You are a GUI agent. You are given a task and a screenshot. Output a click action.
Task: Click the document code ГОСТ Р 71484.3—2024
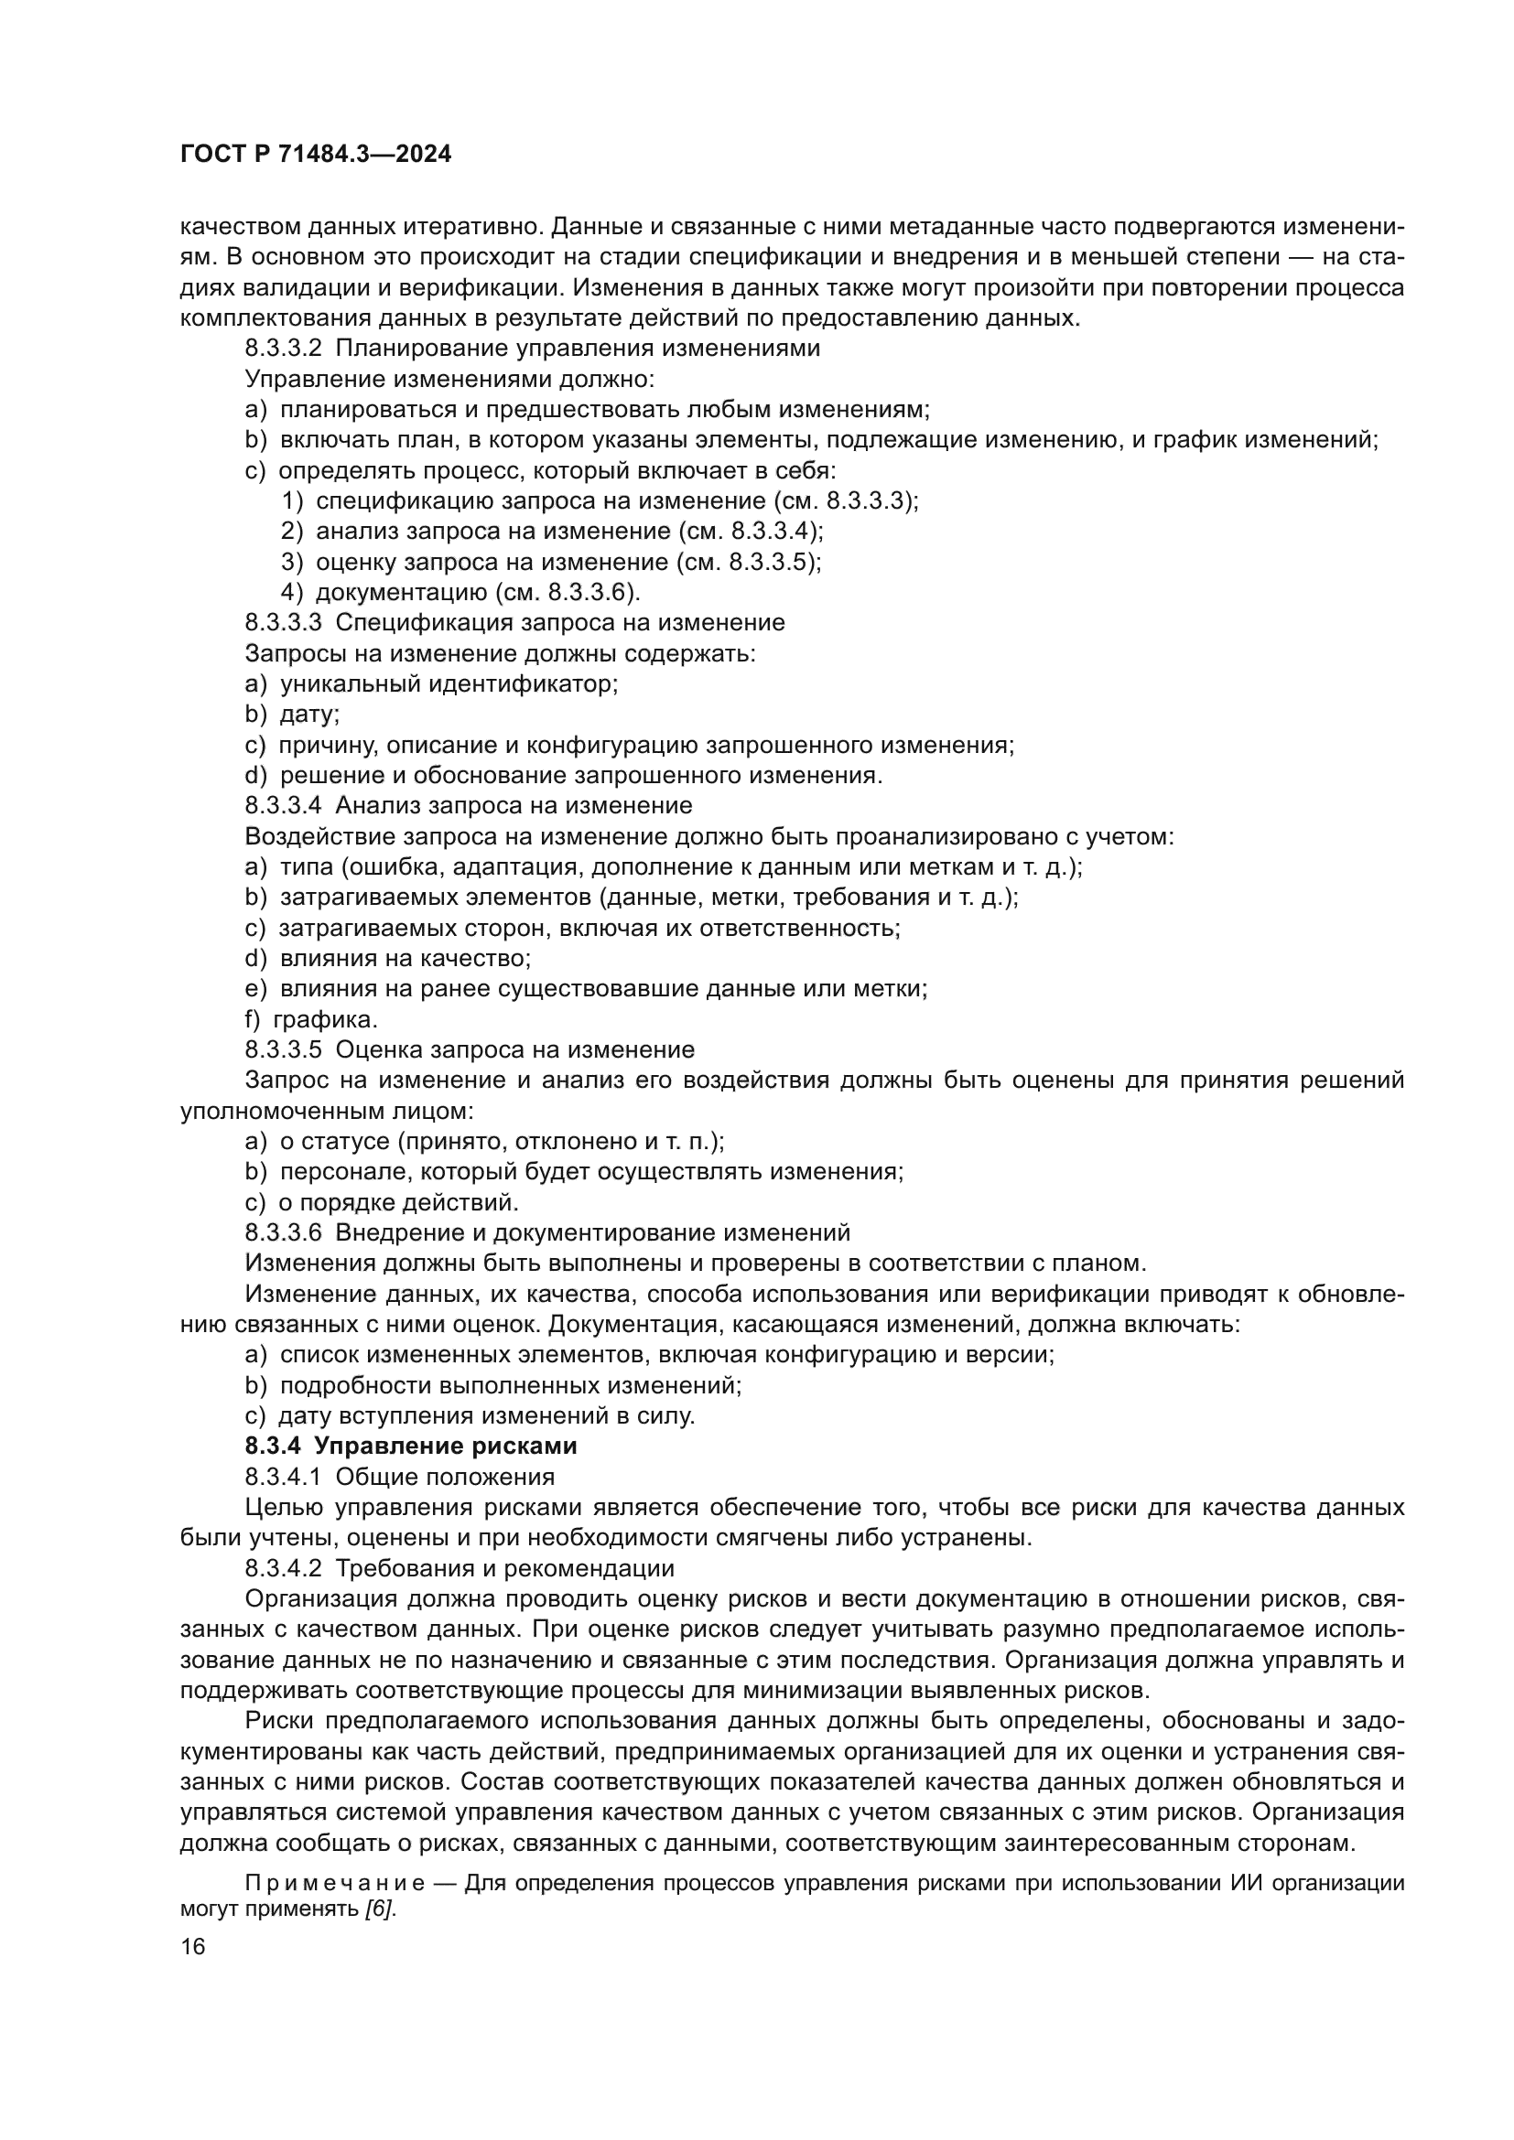[x=315, y=155]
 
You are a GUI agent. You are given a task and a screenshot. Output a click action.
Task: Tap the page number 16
[x=193, y=1947]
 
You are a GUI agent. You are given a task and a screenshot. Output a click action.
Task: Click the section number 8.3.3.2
[x=284, y=349]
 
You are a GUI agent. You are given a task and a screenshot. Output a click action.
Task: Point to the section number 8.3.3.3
[x=284, y=623]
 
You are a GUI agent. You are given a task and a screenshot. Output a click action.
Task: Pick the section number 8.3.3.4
[x=284, y=805]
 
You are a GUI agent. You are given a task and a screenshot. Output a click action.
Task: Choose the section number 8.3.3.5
[x=284, y=1050]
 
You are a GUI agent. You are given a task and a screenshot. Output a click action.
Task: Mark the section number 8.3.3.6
[x=284, y=1233]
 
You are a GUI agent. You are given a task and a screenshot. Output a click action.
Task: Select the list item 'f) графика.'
[x=311, y=1019]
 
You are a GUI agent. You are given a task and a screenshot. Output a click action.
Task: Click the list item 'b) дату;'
[x=292, y=715]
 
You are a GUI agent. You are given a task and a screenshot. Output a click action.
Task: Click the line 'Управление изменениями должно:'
[x=449, y=380]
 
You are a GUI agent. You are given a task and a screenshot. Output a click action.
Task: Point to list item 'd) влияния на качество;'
[x=388, y=958]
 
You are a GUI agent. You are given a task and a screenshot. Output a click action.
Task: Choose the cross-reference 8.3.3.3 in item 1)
[x=866, y=501]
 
